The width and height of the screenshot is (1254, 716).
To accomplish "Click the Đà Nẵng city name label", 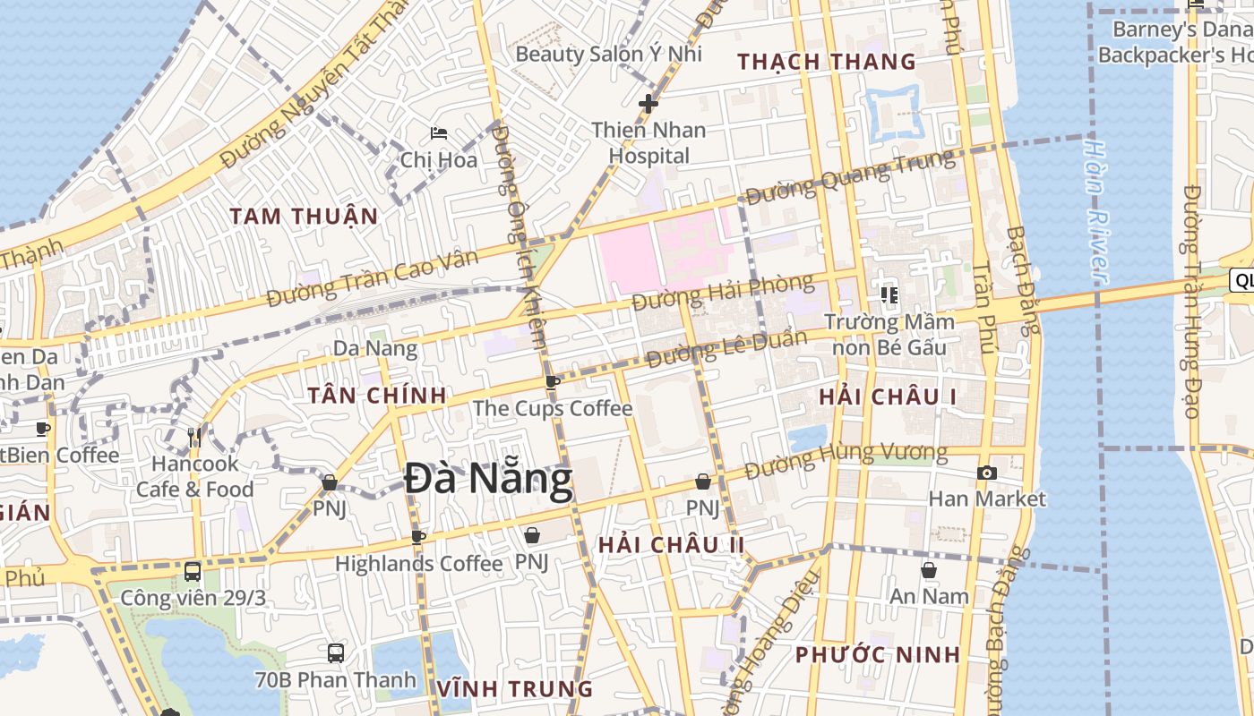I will [x=488, y=480].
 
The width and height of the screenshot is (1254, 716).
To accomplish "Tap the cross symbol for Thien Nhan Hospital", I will [x=648, y=104].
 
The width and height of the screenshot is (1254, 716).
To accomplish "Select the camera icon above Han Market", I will [x=987, y=473].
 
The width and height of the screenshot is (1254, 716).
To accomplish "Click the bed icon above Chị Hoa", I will [x=438, y=133].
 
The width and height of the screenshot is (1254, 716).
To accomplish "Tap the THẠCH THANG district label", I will [x=827, y=62].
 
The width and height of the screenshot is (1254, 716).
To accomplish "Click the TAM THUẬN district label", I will [x=303, y=217].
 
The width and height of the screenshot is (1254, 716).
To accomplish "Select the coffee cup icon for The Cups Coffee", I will [x=553, y=381].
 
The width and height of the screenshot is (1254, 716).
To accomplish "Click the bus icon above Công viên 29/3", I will [x=193, y=571].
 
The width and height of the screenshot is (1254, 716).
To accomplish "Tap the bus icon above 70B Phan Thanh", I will [x=336, y=652].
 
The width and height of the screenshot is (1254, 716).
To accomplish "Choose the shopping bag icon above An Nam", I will [x=929, y=569].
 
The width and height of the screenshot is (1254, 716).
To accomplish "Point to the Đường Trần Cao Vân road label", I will [x=372, y=277].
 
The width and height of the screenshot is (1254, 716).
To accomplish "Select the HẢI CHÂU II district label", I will [x=671, y=545].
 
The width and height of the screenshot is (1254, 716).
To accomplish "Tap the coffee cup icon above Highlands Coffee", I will [x=417, y=537].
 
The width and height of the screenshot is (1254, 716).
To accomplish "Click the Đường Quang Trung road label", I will [x=850, y=176].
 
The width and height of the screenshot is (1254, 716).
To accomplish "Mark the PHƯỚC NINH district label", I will [x=878, y=654].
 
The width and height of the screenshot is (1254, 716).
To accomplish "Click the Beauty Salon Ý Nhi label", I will [x=608, y=54].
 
